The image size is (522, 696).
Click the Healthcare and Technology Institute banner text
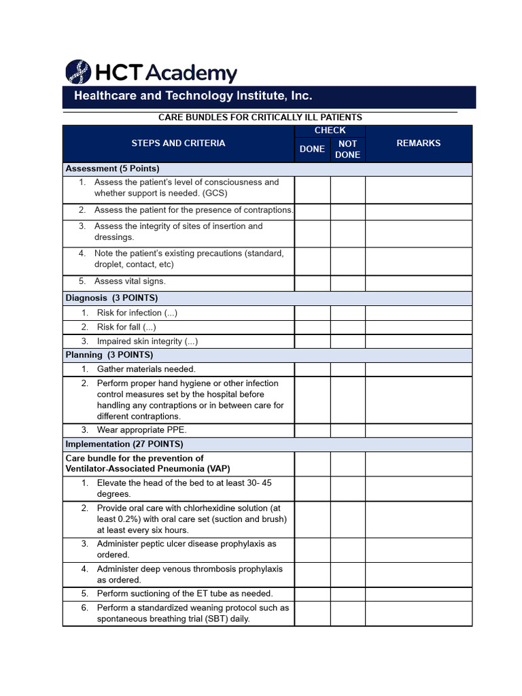(x=193, y=96)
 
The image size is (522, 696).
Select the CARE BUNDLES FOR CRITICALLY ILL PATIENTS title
(x=260, y=118)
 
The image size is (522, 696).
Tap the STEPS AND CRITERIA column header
(x=178, y=143)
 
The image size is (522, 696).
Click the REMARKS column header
(x=418, y=143)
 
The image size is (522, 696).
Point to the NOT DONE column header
(x=347, y=150)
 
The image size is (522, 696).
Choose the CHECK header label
(x=330, y=130)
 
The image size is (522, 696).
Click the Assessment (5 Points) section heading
(x=113, y=169)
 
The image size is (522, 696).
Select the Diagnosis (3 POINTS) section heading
(x=111, y=298)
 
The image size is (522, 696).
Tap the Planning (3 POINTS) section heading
(x=109, y=355)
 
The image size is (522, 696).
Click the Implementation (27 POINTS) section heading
(x=124, y=444)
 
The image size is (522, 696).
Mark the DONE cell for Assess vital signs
(x=312, y=282)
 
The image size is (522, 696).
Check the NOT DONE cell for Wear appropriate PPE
(x=347, y=430)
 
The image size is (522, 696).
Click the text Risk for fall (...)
(x=126, y=327)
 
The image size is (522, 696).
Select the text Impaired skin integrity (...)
(x=147, y=341)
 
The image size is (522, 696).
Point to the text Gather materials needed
(x=146, y=369)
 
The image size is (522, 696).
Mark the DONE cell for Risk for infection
(x=312, y=313)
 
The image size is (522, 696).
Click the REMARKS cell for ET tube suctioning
(x=418, y=593)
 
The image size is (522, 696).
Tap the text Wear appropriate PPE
(x=141, y=430)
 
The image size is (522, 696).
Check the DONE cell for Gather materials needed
(x=312, y=369)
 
